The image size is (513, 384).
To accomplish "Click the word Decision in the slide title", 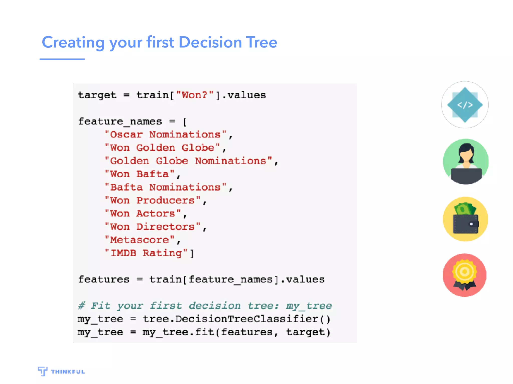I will coord(210,42).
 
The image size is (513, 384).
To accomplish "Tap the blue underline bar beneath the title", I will coord(62,59).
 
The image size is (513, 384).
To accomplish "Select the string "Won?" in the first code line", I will coord(195,95).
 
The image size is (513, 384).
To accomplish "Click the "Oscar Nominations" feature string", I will coord(166,134).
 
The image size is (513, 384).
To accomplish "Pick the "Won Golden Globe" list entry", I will coord(162,148).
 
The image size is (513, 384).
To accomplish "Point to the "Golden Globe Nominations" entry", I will coord(188,161).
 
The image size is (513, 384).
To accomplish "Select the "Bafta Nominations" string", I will coord(166,187).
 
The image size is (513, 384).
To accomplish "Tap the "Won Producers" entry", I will coord(153,200).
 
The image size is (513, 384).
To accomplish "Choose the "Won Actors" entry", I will coord(143,213).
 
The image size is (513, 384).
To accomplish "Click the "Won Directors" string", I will coord(153,227).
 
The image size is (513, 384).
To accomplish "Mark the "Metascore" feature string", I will coord(140,240).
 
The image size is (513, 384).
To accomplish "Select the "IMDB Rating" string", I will coord(146,253).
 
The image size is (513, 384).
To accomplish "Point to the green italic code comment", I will coord(205,306).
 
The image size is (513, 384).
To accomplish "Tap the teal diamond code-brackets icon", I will coord(465,105).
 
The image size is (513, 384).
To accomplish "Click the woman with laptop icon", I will coord(465,162).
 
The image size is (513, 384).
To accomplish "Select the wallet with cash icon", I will coord(465,219).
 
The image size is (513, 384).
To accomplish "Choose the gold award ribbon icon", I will coord(465,275).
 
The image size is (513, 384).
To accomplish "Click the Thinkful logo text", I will coord(68,372).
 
